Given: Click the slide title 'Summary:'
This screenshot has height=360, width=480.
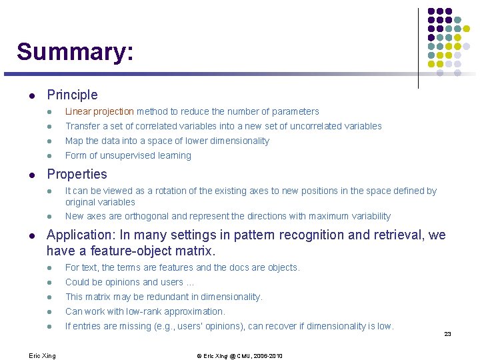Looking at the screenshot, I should tap(75, 52).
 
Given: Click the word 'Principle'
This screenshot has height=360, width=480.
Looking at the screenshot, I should tap(72, 95).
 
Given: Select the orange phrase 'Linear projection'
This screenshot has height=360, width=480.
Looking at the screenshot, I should tap(99, 112).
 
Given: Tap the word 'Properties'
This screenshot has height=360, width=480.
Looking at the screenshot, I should tap(77, 175).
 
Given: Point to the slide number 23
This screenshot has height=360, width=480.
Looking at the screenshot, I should tap(448, 334).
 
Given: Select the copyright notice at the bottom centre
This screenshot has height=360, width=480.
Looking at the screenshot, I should tap(239, 356).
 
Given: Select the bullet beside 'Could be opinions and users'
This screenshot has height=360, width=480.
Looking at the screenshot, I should tap(49, 283).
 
